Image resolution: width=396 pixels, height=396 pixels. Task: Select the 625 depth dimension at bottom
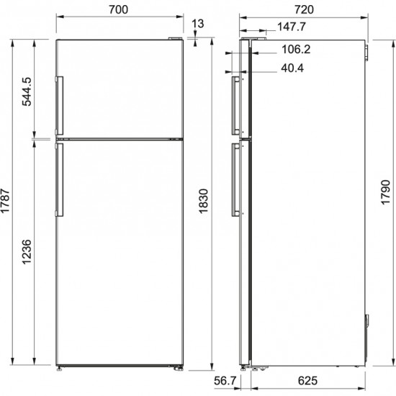point(310,381)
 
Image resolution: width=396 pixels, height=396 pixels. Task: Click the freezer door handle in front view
point(60,104)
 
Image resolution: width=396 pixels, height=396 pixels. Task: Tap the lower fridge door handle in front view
point(60,180)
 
